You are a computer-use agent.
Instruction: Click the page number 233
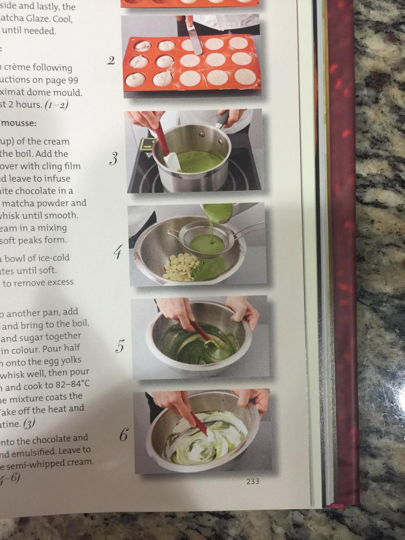pos(252,481)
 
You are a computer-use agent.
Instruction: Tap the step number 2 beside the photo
pos(111,60)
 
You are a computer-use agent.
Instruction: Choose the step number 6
pos(123,435)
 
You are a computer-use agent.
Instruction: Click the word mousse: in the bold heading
pos(18,123)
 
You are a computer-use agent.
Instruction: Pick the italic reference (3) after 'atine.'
pos(29,424)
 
